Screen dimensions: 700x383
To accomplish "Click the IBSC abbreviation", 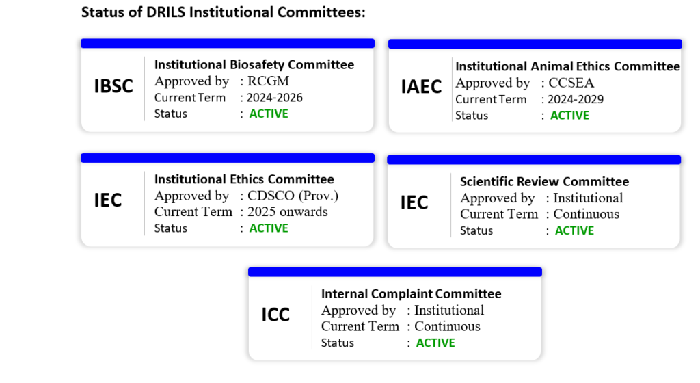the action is tap(113, 86).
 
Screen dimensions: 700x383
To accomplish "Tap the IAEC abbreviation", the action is tap(421, 87).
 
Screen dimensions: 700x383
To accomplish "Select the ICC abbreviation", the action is tap(275, 315).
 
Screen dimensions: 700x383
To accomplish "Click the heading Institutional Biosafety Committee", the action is tap(254, 65).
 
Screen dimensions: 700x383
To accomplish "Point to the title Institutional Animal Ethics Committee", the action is tap(567, 66).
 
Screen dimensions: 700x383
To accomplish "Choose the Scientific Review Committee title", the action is tap(544, 182).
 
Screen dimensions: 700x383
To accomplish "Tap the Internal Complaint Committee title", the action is tap(411, 293).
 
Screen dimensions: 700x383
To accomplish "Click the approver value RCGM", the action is tap(268, 81).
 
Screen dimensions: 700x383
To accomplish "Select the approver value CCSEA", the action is tap(571, 83).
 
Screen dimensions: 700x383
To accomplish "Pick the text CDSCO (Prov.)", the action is tap(293, 196).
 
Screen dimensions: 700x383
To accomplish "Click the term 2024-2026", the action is tap(275, 98).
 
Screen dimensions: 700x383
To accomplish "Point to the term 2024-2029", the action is tap(576, 100).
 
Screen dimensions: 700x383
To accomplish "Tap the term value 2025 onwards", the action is tap(288, 211).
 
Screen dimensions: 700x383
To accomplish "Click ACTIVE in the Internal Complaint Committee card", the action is tap(435, 343).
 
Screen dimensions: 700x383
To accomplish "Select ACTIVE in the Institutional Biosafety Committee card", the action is tap(268, 114).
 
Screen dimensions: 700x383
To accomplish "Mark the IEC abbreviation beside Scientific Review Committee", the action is tap(414, 202).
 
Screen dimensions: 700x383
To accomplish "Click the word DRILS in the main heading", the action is tap(165, 12).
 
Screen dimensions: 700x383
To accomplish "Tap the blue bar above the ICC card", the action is tap(395, 272).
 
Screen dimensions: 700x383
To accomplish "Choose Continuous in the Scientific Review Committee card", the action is tap(586, 214).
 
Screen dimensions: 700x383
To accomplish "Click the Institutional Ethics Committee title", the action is tap(244, 179).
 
